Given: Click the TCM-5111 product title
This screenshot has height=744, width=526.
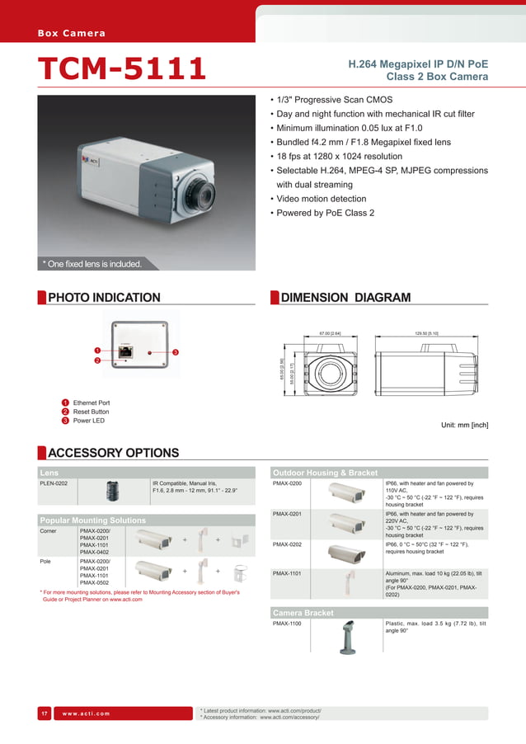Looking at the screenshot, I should pyautogui.click(x=121, y=69).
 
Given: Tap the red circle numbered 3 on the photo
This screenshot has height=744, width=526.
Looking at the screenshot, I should pyautogui.click(x=176, y=353).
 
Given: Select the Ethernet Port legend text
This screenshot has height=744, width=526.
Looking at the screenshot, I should pyautogui.click(x=92, y=403).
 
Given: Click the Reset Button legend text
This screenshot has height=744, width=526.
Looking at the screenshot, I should pyautogui.click(x=91, y=412).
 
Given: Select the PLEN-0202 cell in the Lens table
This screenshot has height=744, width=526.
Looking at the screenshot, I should pyautogui.click(x=54, y=483).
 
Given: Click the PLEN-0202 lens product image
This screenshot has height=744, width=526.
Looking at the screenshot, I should pyautogui.click(x=111, y=492).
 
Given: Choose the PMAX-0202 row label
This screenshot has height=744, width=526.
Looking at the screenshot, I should pyautogui.click(x=287, y=544).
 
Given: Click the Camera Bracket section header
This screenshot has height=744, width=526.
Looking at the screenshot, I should pyautogui.click(x=303, y=613).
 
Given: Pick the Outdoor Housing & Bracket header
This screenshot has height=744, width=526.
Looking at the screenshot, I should pyautogui.click(x=325, y=473).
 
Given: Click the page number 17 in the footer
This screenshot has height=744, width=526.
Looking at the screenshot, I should pyautogui.click(x=45, y=713).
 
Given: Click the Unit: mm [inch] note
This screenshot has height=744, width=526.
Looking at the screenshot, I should pyautogui.click(x=466, y=426).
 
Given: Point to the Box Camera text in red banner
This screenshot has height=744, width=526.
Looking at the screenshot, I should pyautogui.click(x=72, y=33).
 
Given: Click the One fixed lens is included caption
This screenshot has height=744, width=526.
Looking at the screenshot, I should pyautogui.click(x=92, y=264).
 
